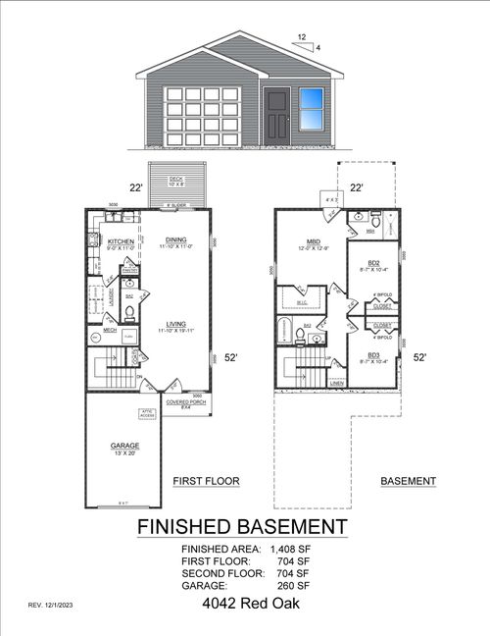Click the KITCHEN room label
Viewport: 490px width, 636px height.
(121, 240)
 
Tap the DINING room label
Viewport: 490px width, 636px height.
(176, 239)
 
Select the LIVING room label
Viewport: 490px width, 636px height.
(176, 323)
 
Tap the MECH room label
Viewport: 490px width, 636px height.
(110, 331)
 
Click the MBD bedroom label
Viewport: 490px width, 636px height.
(315, 241)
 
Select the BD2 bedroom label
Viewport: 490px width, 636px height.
(373, 263)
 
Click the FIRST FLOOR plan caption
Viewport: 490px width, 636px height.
(206, 481)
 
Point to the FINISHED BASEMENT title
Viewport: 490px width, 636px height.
(241, 527)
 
